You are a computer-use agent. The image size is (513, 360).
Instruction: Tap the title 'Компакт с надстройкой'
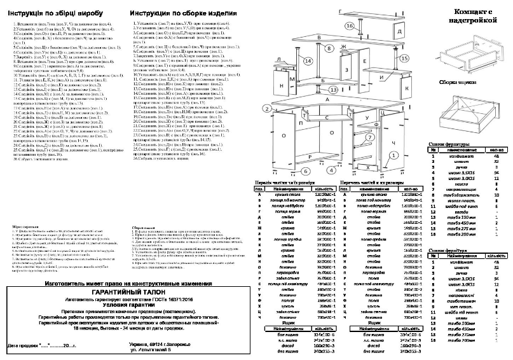471,17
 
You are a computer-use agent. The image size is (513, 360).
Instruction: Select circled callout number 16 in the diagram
350,26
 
